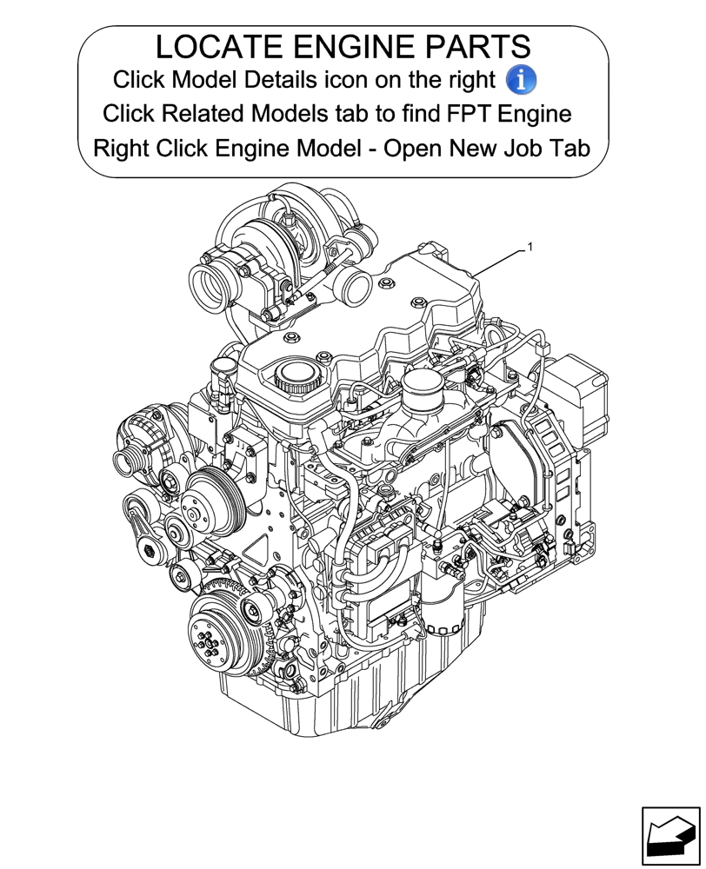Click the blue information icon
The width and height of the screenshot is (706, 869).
(x=521, y=80)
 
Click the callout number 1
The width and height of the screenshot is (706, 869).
(x=529, y=248)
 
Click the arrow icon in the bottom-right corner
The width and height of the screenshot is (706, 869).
(x=669, y=836)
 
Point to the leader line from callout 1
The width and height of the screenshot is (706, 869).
(x=500, y=262)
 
